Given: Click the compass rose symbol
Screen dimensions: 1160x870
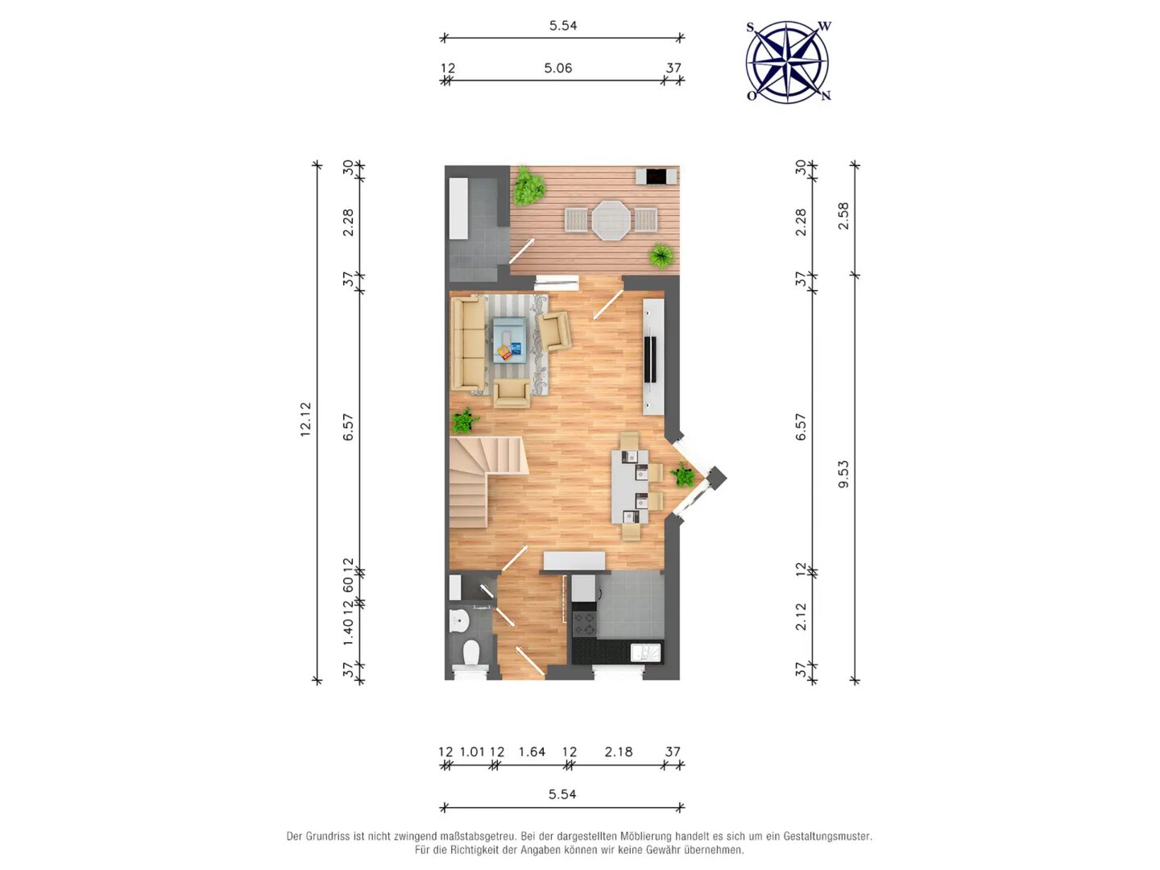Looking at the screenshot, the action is pyautogui.click(x=787, y=61).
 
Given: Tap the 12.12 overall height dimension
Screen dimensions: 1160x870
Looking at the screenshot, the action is pyautogui.click(x=305, y=420).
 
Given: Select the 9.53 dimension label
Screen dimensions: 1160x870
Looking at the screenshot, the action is pyautogui.click(x=843, y=474).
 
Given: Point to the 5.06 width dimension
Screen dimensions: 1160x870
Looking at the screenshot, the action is pyautogui.click(x=557, y=68).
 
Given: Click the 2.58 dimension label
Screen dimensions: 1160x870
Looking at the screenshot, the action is pyautogui.click(x=843, y=216).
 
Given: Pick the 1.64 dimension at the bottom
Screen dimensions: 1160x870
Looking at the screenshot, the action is pyautogui.click(x=531, y=752).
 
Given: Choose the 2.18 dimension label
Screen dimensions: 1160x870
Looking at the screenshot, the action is pyautogui.click(x=619, y=752).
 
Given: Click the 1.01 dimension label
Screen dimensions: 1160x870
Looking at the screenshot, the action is pyautogui.click(x=472, y=752).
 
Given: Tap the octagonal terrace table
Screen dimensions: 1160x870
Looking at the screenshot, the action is pyautogui.click(x=611, y=220).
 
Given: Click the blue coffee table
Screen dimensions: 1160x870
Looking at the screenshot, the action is pyautogui.click(x=510, y=340).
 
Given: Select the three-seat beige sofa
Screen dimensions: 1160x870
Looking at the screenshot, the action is pyautogui.click(x=468, y=343).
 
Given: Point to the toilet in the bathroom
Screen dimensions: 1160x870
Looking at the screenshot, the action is pyautogui.click(x=470, y=654).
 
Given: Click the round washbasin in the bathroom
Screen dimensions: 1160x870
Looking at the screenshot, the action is pyautogui.click(x=458, y=620).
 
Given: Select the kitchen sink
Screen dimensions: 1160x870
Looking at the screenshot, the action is pyautogui.click(x=646, y=652).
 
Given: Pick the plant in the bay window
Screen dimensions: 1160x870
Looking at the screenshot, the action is pyautogui.click(x=684, y=475).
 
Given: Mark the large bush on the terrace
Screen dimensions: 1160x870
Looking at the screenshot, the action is pyautogui.click(x=528, y=186).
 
